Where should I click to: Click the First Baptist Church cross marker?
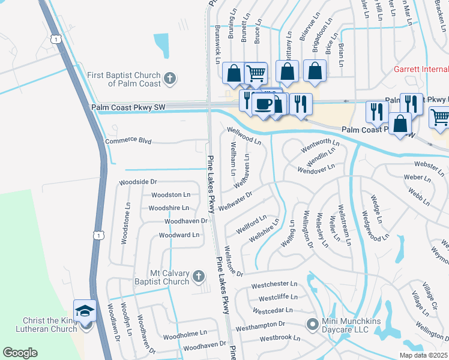(x=170, y=78)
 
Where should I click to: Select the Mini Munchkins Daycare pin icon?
(x=312, y=325)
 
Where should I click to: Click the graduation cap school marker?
(x=85, y=311)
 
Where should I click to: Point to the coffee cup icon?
(x=263, y=104)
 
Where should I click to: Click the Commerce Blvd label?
(x=128, y=142)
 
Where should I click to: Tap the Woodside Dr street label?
(x=137, y=181)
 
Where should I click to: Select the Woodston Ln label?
(x=170, y=194)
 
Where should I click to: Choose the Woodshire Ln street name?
(x=169, y=208)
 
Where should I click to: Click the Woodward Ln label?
(x=178, y=235)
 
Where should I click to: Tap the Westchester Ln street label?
(x=274, y=284)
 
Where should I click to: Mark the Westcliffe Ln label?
(x=277, y=297)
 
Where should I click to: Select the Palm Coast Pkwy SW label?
(x=128, y=107)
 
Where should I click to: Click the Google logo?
(x=20, y=353)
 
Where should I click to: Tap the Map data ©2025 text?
(x=423, y=355)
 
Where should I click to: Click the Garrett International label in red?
(x=421, y=69)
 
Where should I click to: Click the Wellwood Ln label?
(x=244, y=136)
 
